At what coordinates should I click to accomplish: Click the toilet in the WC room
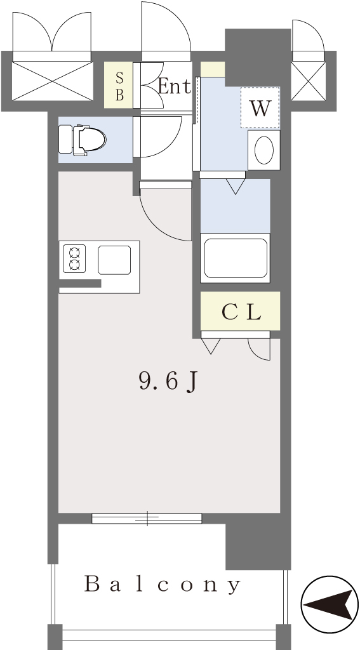coord(82,140)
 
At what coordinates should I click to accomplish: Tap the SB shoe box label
coord(119,86)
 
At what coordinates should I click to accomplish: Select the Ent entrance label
coord(175,86)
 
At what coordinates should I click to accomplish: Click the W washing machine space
coord(260,108)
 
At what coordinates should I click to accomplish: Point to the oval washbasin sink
coord(263,150)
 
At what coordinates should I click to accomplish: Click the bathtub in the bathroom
coord(235,258)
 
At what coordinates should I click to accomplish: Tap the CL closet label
coord(241,312)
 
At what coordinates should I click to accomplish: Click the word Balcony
coord(163,584)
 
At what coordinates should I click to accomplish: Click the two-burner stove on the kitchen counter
coord(74,259)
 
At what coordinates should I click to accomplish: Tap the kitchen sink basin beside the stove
coord(114,260)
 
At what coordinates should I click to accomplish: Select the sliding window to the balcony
coord(147,518)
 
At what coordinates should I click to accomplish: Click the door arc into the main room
coord(159,227)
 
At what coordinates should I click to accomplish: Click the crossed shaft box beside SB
coord(52,81)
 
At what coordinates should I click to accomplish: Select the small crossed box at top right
coord(308,81)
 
